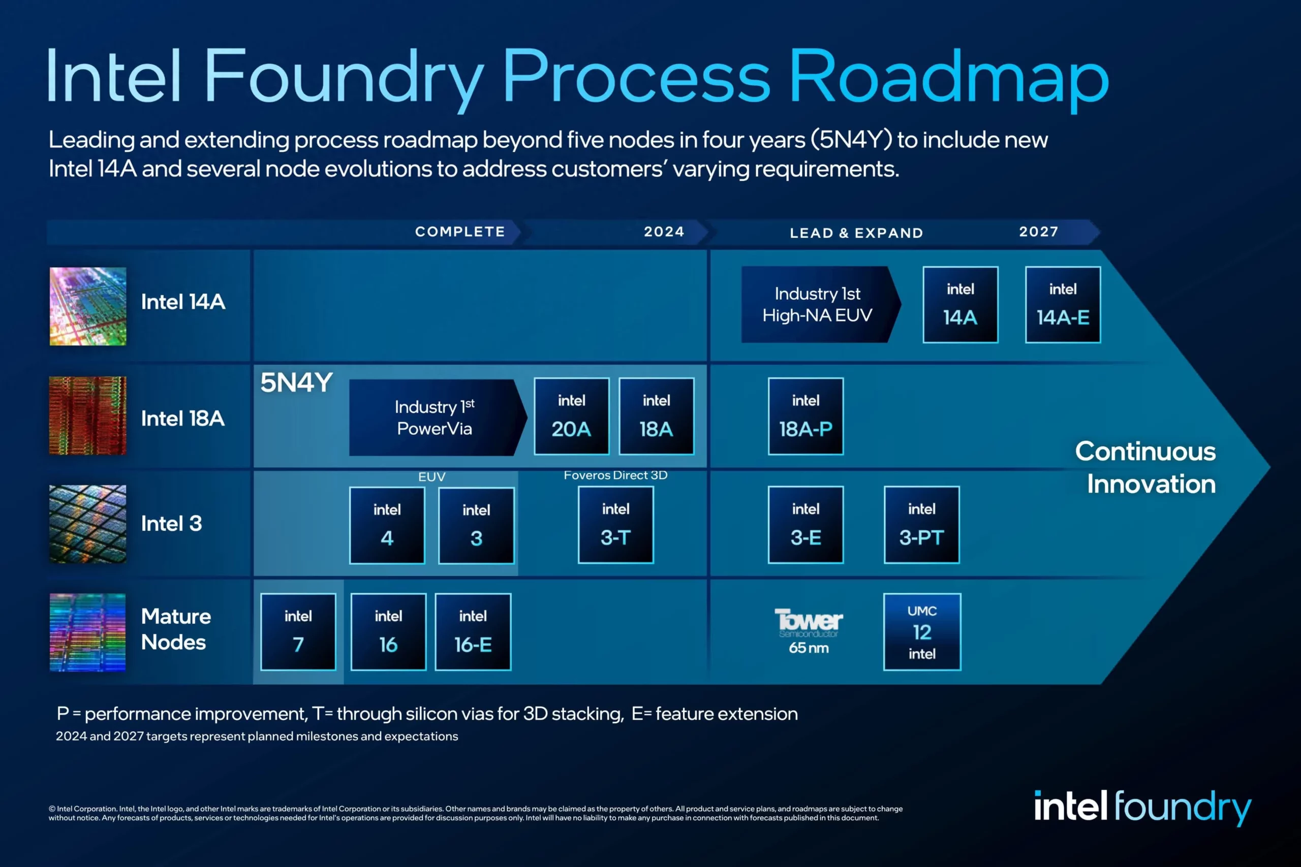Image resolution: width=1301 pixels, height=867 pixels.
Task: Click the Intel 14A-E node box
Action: point(1063,305)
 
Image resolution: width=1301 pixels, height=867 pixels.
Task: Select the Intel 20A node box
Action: point(571,416)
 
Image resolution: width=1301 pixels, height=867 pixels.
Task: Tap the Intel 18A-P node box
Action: point(806,416)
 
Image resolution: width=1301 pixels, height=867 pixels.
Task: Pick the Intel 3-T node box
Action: point(615,525)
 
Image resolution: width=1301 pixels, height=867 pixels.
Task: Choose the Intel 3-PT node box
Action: point(921,525)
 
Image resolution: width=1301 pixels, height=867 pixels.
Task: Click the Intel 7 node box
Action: point(298,631)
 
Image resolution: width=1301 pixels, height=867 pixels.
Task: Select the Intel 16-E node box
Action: point(473,631)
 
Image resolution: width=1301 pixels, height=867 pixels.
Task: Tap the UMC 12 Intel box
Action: point(921,631)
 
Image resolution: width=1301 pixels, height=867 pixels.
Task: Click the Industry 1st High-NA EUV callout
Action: point(818,305)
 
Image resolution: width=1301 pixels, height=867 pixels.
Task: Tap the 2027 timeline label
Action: point(1038,232)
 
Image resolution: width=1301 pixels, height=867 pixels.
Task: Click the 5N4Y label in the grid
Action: point(296,382)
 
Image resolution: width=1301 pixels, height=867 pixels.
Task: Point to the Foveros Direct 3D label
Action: point(615,475)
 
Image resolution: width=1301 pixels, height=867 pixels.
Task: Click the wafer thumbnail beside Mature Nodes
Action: point(87,632)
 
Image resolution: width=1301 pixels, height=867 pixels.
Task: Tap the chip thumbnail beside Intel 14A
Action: point(88,306)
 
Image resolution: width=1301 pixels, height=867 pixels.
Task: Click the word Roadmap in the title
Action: point(948,77)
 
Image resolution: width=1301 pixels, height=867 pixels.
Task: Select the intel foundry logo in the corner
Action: point(1142,807)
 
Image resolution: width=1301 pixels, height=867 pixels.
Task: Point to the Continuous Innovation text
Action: point(1145,468)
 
